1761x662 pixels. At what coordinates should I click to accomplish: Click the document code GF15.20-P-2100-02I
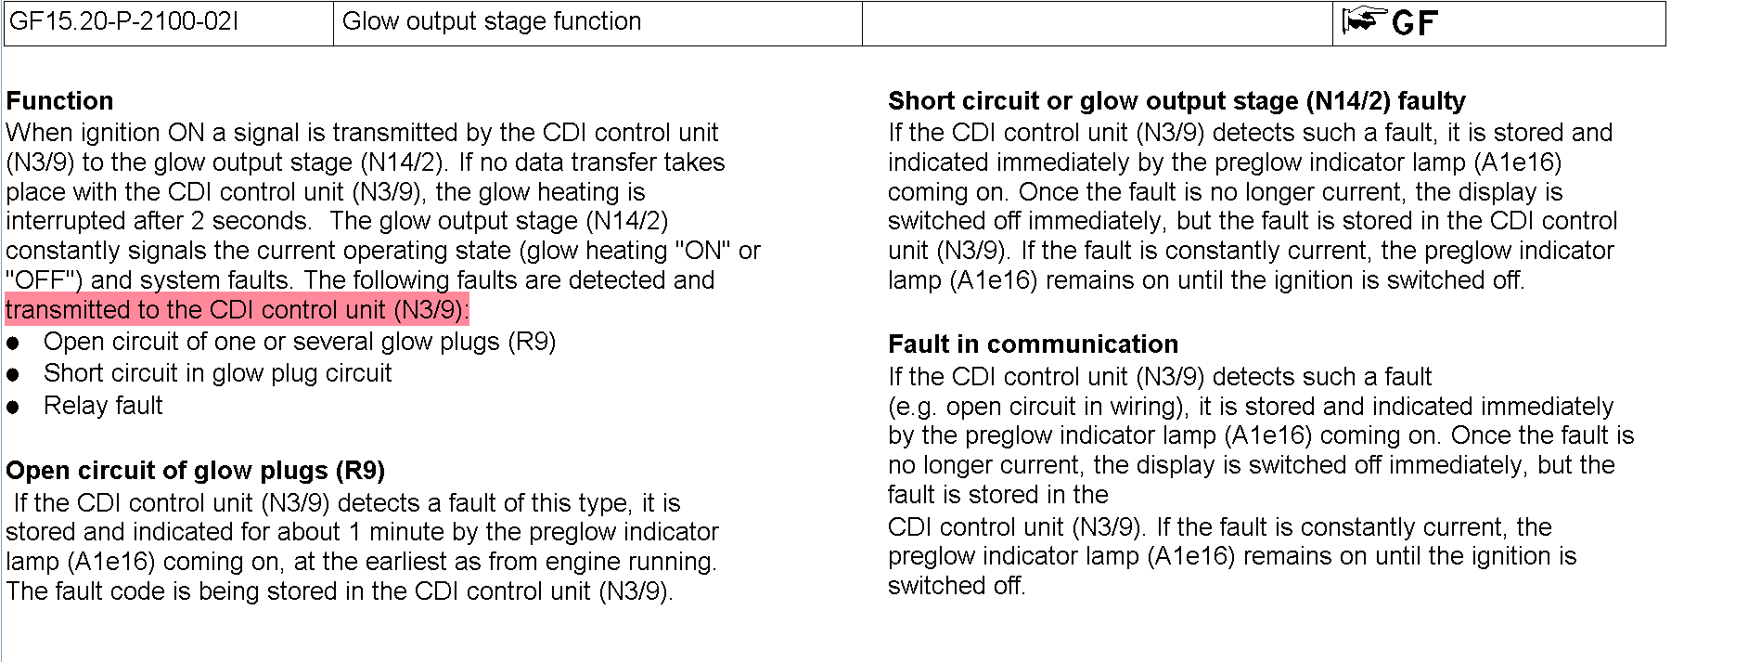pos(124,21)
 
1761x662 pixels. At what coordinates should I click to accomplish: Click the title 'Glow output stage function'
pos(492,21)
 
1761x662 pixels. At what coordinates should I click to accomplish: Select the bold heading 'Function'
pos(59,100)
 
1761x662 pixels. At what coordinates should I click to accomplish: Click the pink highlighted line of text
pos(237,310)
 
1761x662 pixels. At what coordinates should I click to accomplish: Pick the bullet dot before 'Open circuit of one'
pos(13,344)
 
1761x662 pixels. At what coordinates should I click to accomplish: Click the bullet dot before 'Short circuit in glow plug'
pos(13,375)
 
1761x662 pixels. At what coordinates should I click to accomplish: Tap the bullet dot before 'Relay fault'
pos(13,407)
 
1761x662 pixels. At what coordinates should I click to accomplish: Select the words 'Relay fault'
pos(103,406)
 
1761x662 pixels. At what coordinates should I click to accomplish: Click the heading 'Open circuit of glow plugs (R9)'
pos(195,471)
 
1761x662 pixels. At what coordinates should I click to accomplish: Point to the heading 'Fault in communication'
pos(1033,344)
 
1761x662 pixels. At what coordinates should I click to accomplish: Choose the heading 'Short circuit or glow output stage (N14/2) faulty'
pos(1176,100)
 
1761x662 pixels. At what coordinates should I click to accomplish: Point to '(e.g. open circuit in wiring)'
pos(1036,407)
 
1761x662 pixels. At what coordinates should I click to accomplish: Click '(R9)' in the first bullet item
pos(532,342)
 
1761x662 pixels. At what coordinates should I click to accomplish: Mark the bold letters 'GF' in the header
pos(1415,23)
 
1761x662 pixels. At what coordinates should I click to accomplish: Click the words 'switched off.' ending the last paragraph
pos(956,586)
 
